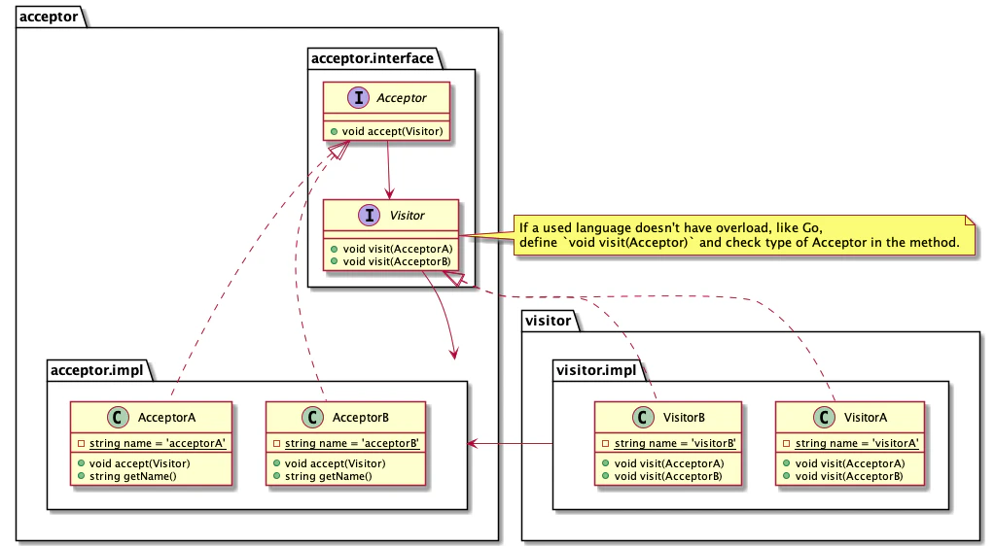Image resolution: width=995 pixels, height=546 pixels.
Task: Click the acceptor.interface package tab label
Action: coord(372,58)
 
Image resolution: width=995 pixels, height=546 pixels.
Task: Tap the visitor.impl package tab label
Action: coord(596,369)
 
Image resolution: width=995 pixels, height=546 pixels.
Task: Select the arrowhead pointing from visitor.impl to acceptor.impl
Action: coord(473,444)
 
